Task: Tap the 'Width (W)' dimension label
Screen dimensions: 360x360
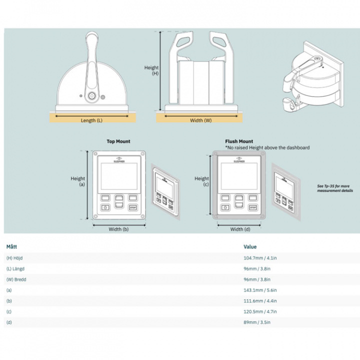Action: click(200, 120)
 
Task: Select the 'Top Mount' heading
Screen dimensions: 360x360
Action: click(118, 141)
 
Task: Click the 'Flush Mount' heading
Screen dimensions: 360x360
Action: click(239, 141)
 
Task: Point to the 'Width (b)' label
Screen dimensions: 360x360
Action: click(118, 229)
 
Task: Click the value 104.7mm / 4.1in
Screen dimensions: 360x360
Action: click(257, 258)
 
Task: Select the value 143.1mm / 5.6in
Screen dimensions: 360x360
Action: click(257, 290)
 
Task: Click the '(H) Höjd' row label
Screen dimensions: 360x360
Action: click(15, 258)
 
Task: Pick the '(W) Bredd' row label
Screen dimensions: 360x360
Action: click(16, 279)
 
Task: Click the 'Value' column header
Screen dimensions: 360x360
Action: click(250, 246)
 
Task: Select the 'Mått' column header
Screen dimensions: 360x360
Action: click(11, 246)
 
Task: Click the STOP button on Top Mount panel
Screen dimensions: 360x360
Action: click(132, 207)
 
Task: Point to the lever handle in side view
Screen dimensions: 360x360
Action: click(92, 55)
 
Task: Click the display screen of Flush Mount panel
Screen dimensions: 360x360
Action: click(239, 176)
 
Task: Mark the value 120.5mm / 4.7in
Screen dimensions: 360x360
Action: click(257, 311)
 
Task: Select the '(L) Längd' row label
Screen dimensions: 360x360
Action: click(16, 269)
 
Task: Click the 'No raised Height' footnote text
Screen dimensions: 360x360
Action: click(267, 147)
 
